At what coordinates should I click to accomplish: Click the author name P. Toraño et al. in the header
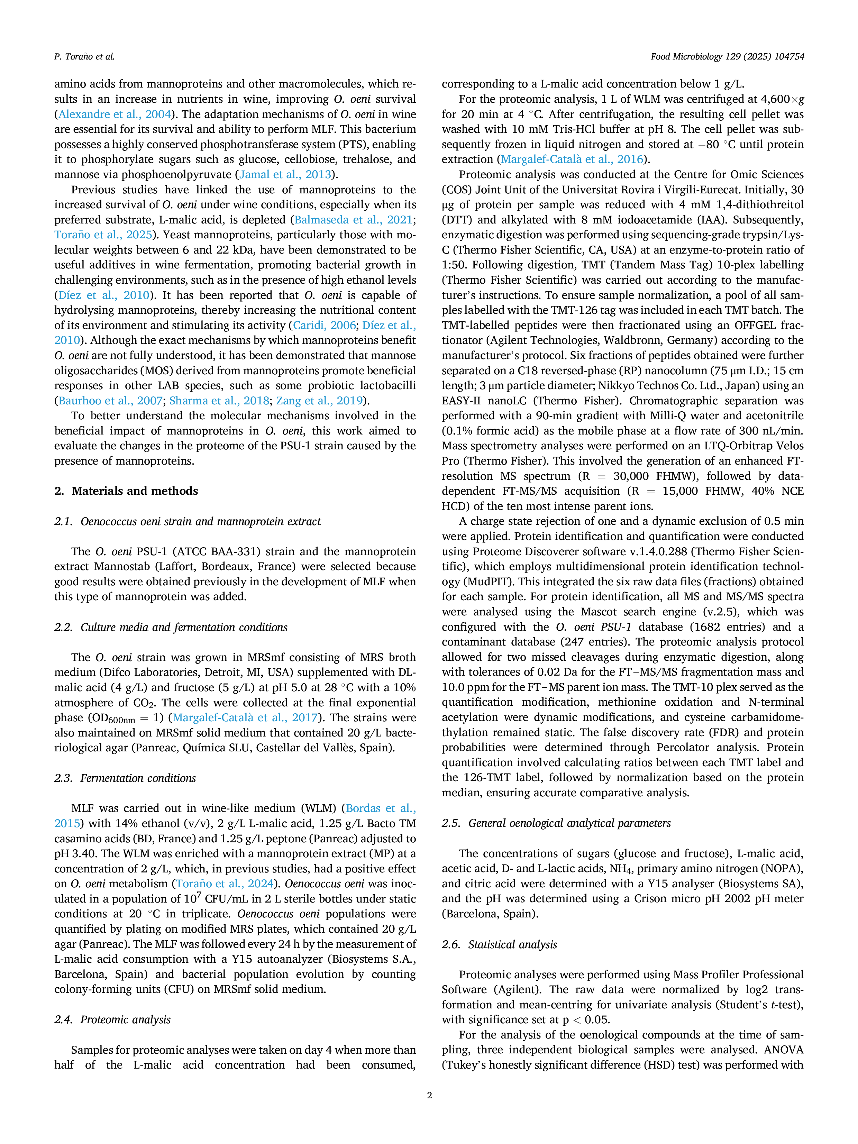[84, 57]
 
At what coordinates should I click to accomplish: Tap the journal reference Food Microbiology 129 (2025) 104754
[727, 57]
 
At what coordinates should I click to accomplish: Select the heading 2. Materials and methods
[126, 491]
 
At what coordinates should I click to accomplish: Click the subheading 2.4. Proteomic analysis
[112, 1019]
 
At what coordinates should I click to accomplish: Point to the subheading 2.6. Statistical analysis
[499, 944]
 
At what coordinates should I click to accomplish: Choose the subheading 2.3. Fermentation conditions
[125, 778]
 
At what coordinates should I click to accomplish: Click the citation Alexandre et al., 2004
[115, 114]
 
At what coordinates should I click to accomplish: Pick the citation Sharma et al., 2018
[219, 401]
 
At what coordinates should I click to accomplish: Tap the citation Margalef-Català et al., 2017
[245, 718]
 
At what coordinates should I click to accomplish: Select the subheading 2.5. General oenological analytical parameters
[556, 823]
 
